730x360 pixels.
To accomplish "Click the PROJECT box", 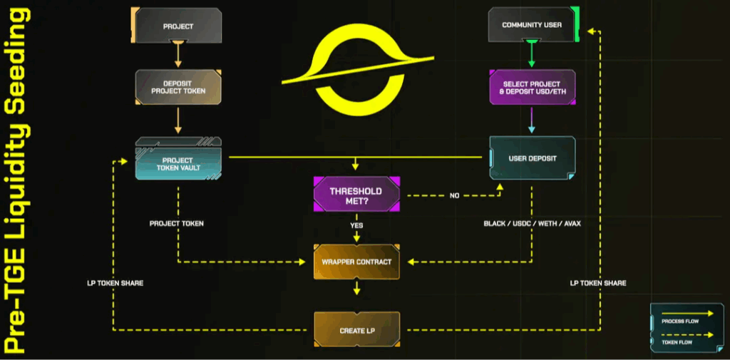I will pyautogui.click(x=178, y=26).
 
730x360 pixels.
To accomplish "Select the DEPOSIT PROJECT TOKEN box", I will pyautogui.click(x=178, y=87).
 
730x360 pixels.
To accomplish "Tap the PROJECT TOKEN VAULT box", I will pyautogui.click(x=178, y=163).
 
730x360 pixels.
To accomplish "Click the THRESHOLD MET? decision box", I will pyautogui.click(x=356, y=195).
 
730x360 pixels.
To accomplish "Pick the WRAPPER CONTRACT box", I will pyautogui.click(x=356, y=262).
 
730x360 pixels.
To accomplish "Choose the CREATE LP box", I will pyautogui.click(x=356, y=330).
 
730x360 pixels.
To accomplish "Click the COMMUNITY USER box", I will pyautogui.click(x=532, y=26).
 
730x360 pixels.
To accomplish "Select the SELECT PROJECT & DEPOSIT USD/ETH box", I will pyautogui.click(x=532, y=88).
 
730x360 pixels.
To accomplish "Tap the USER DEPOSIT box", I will pyautogui.click(x=532, y=158).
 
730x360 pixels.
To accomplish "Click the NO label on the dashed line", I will pyautogui.click(x=454, y=195).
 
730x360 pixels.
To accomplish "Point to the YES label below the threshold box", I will pyautogui.click(x=356, y=225).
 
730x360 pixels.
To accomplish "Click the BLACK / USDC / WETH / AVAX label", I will pyautogui.click(x=532, y=224).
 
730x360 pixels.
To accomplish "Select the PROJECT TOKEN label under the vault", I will pyautogui.click(x=176, y=224).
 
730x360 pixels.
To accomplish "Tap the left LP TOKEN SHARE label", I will pyautogui.click(x=115, y=283).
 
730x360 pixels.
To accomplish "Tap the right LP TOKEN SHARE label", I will pyautogui.click(x=598, y=283).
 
